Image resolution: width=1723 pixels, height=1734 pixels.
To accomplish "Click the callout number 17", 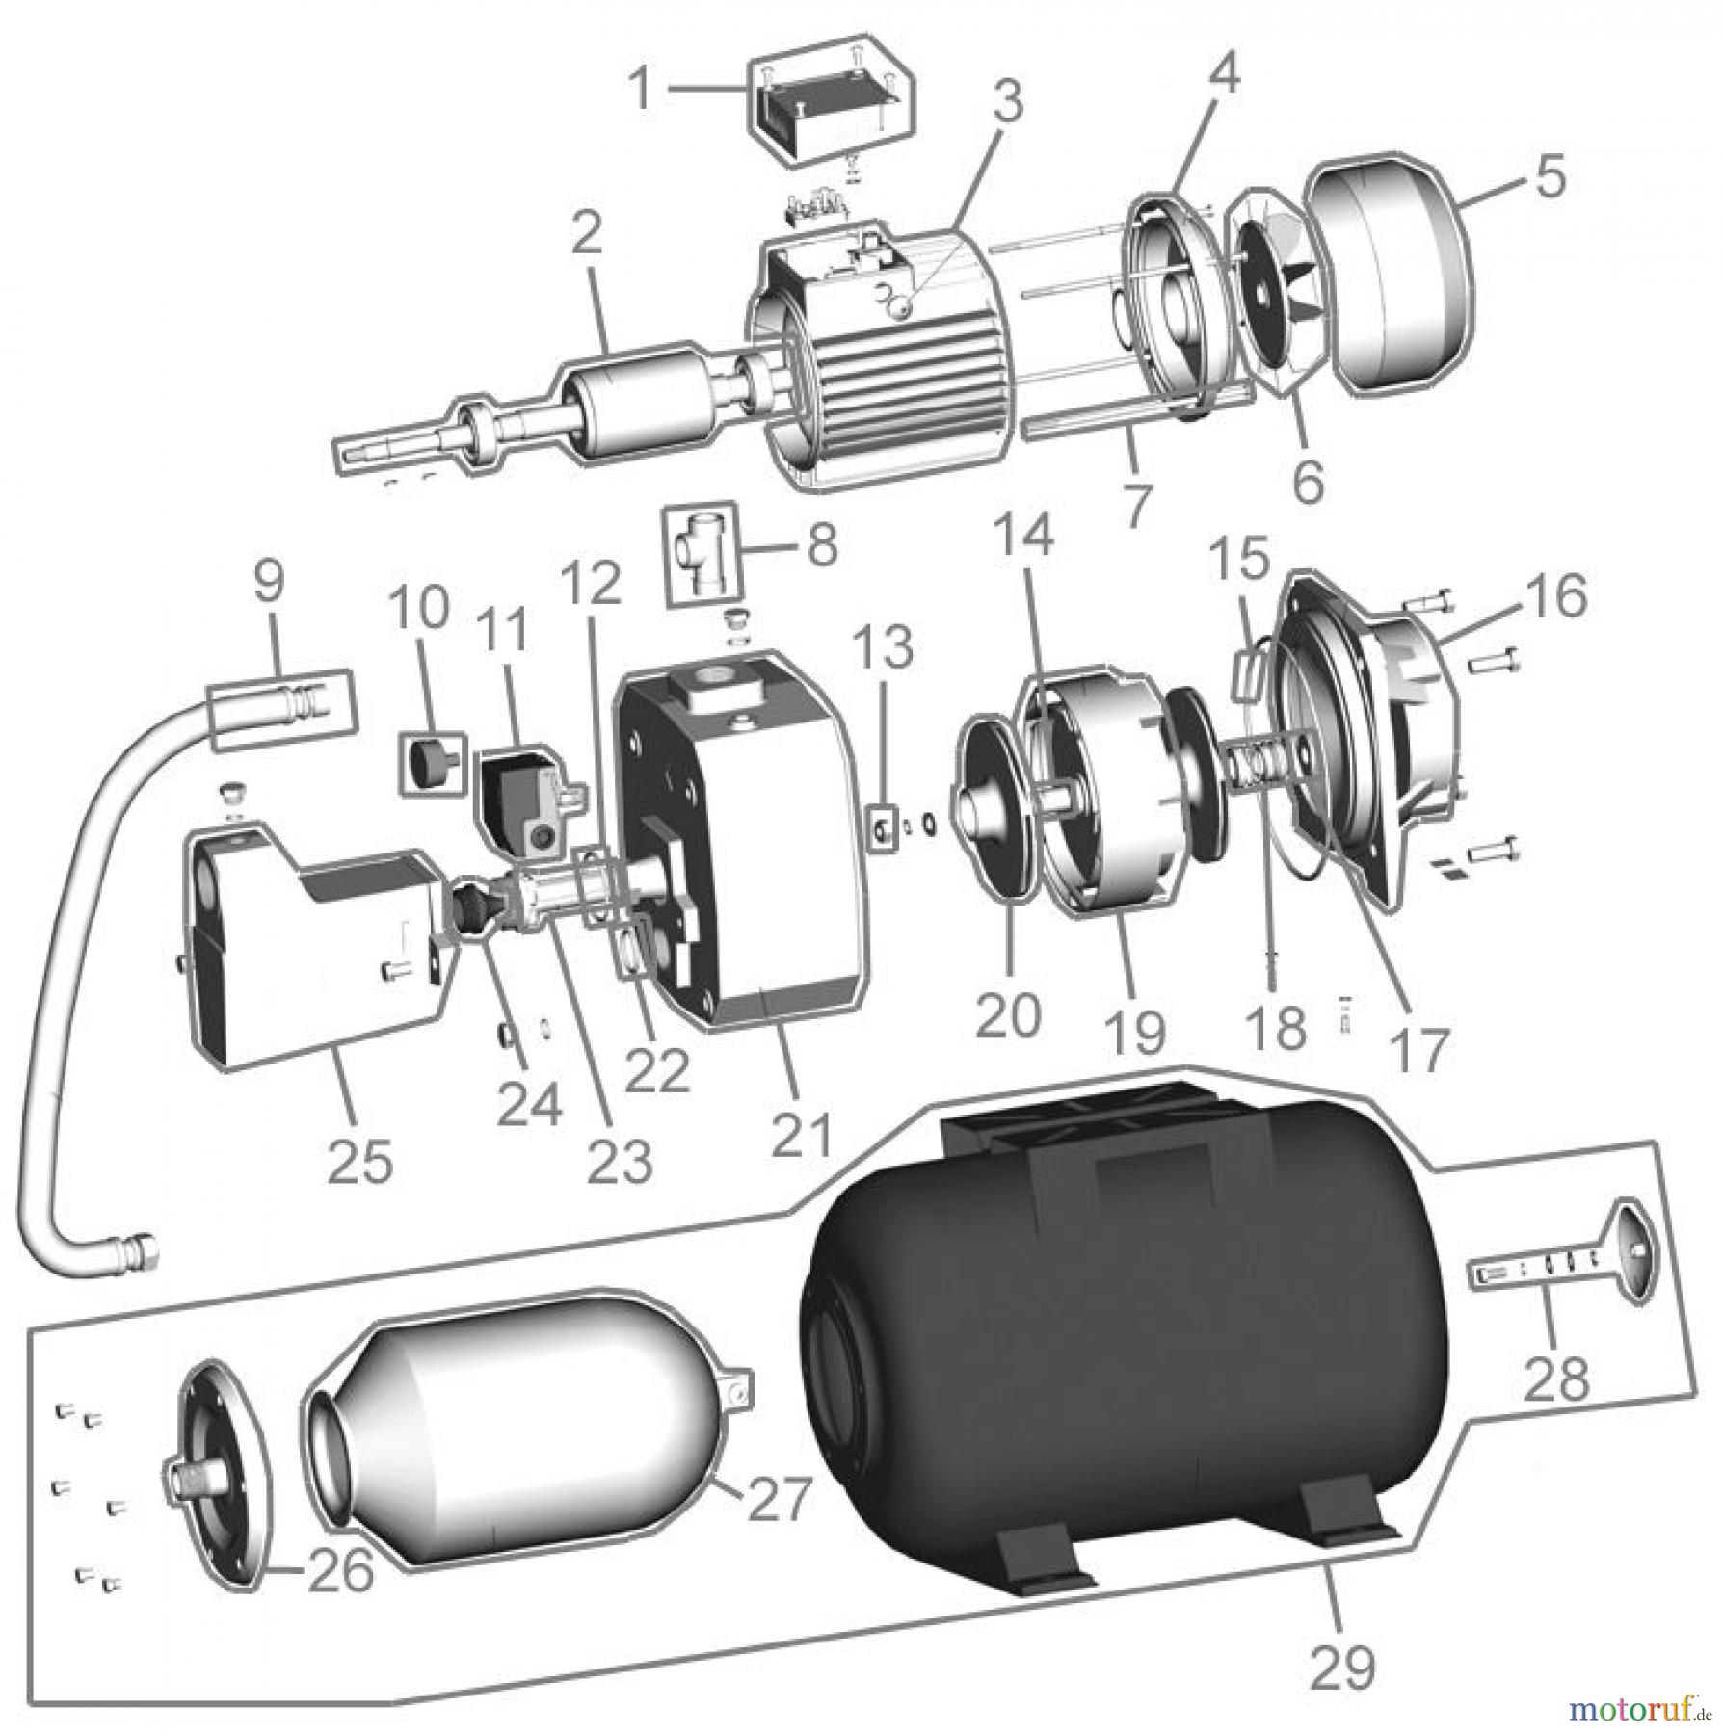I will [1419, 1047].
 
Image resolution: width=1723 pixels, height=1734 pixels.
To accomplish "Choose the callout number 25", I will [359, 1161].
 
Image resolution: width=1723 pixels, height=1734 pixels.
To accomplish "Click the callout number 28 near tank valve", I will [1556, 1379].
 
